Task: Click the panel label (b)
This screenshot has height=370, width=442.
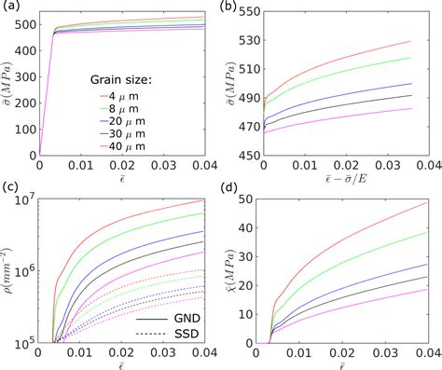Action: pos(233,7)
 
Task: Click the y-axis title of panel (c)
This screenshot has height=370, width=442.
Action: pos(7,271)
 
